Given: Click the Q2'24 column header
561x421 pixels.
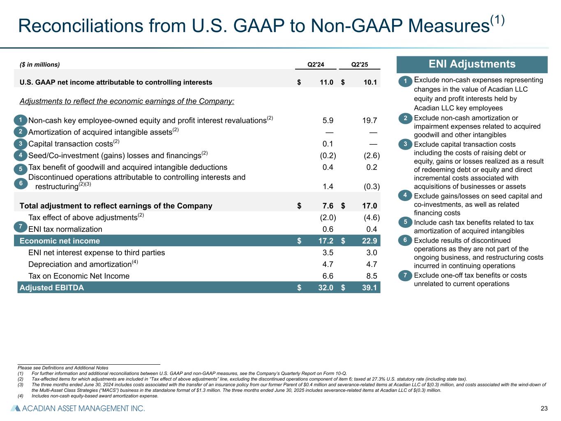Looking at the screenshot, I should click(x=316, y=65).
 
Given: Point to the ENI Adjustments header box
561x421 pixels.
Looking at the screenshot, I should click(x=472, y=64).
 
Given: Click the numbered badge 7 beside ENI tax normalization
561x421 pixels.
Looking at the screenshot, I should click(x=21, y=226).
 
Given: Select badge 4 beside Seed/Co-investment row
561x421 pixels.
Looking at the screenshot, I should click(x=21, y=155).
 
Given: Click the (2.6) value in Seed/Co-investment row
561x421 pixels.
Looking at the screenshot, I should click(x=372, y=155).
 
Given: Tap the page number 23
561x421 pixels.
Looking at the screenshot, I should click(x=544, y=408).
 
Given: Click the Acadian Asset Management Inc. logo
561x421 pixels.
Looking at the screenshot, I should click(x=78, y=408).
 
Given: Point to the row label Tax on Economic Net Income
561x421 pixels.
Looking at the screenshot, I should click(x=79, y=276).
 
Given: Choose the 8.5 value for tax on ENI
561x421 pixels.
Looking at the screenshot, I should click(x=371, y=276).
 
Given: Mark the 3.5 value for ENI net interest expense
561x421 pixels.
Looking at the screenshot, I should click(x=328, y=252).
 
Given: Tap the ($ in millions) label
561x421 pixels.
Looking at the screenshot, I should click(x=39, y=65).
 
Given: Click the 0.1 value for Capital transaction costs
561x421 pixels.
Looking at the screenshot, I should click(x=328, y=144).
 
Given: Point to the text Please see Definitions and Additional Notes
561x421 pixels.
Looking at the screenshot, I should click(x=63, y=368).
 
